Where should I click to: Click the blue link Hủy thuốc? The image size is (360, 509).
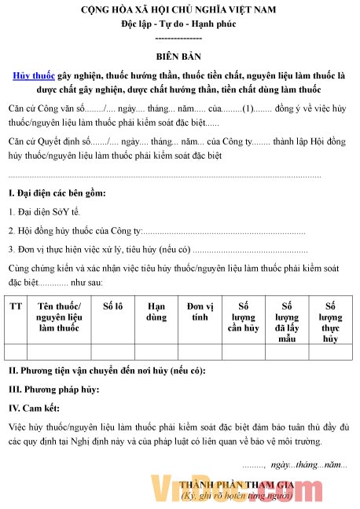(34, 76)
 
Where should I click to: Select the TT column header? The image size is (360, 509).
(16, 306)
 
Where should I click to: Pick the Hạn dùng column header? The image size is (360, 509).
(156, 312)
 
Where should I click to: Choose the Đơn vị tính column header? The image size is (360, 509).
(200, 312)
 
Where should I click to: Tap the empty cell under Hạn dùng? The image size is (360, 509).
(156, 352)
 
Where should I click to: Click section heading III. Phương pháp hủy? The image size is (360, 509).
(54, 390)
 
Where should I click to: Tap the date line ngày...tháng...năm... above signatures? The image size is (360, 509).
(307, 465)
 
